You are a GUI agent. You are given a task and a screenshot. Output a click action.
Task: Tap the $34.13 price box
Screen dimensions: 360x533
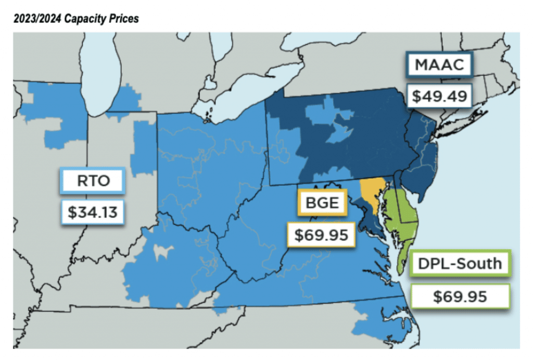click(x=92, y=212)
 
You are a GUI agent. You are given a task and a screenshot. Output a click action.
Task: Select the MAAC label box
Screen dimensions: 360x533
click(x=438, y=66)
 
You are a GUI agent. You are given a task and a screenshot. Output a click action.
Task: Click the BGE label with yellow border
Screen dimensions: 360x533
click(x=321, y=204)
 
